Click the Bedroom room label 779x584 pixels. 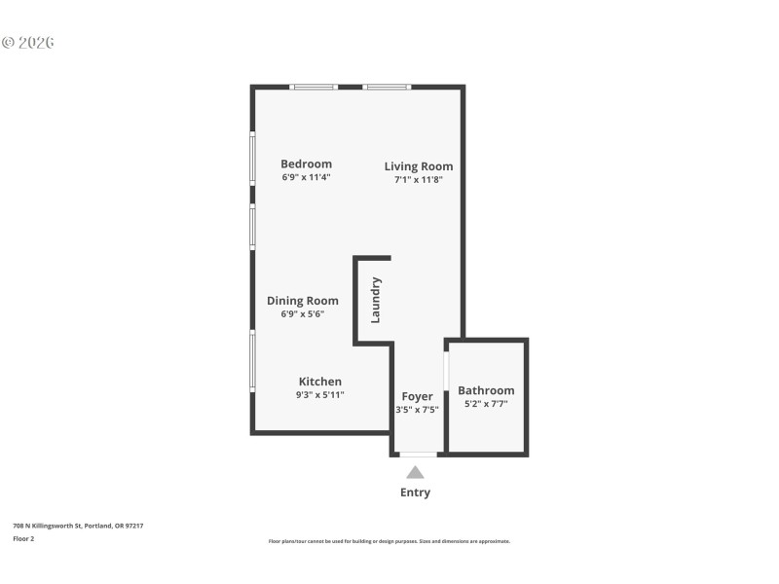[x=306, y=164]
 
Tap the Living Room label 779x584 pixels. [x=418, y=165]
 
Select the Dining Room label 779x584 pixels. [x=302, y=301]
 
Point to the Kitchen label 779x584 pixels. [x=319, y=382]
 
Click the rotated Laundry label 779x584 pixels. [x=376, y=300]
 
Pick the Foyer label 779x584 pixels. [x=417, y=396]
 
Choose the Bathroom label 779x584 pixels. [x=486, y=390]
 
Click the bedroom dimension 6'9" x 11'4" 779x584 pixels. [x=306, y=178]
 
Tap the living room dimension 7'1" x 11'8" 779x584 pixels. [x=418, y=180]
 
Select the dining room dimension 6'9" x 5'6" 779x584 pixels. [x=302, y=314]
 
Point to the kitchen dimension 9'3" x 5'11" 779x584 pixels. [x=319, y=395]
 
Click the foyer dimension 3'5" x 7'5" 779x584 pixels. [x=417, y=410]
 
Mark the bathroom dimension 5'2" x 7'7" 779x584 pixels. [x=486, y=404]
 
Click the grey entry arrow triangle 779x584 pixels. [x=415, y=472]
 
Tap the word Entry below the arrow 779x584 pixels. [x=415, y=493]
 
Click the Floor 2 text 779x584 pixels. [x=23, y=538]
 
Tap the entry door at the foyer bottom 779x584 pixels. [x=418, y=455]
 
